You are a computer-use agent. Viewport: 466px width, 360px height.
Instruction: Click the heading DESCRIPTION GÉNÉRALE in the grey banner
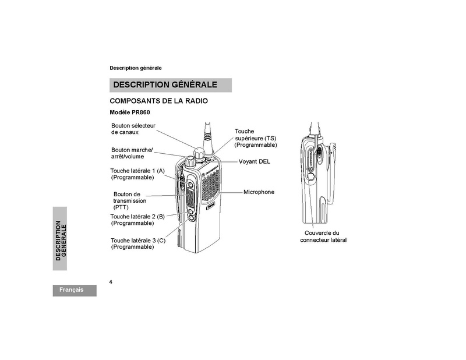pos(165,84)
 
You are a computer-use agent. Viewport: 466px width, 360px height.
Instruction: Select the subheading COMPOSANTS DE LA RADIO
pos(158,101)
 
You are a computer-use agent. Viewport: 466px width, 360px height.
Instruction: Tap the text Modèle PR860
pos(130,112)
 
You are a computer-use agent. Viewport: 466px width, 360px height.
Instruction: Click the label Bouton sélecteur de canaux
pos(133,129)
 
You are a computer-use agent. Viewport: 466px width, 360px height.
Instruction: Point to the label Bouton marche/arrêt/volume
pos(132,153)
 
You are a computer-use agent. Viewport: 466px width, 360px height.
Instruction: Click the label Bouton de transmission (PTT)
pos(129,200)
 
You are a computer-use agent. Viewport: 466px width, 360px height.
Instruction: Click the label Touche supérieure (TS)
pos(256,138)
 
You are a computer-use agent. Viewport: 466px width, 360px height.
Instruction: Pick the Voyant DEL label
pos(255,161)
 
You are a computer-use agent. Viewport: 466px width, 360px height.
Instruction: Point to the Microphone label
pos(259,192)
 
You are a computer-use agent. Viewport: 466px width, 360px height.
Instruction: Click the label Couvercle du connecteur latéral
pos(323,237)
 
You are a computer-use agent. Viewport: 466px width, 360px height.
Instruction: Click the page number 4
pos(111,282)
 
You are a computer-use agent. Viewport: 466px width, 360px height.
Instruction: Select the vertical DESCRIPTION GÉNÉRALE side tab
pos(60,238)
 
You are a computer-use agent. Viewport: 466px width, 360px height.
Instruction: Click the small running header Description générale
pos(136,68)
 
